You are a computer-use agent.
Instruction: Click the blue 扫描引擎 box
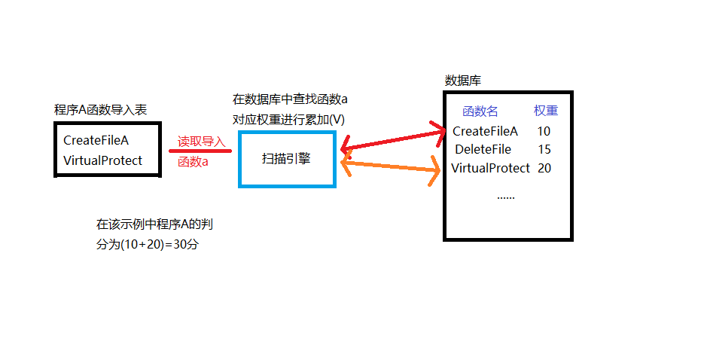pos(286,159)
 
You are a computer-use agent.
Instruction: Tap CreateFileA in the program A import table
pos(96,140)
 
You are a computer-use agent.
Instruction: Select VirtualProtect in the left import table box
pos(102,160)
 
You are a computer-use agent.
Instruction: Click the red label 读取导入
pos(201,142)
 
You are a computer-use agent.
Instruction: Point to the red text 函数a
pos(193,161)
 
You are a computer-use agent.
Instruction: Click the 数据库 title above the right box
pos(463,80)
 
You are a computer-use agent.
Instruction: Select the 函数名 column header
pos(480,111)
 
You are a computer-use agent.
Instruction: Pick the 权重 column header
pos(546,111)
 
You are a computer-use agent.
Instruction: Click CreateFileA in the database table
pos(485,131)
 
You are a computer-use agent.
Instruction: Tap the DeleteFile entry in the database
pos(483,149)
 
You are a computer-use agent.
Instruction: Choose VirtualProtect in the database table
pos(490,168)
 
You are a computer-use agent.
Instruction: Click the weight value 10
pos(544,131)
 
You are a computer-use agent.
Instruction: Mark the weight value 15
pos(544,149)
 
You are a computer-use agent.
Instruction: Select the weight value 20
pos(544,168)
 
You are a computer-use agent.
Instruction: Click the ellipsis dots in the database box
pos(506,197)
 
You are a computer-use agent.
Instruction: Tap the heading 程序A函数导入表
pos(101,110)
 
